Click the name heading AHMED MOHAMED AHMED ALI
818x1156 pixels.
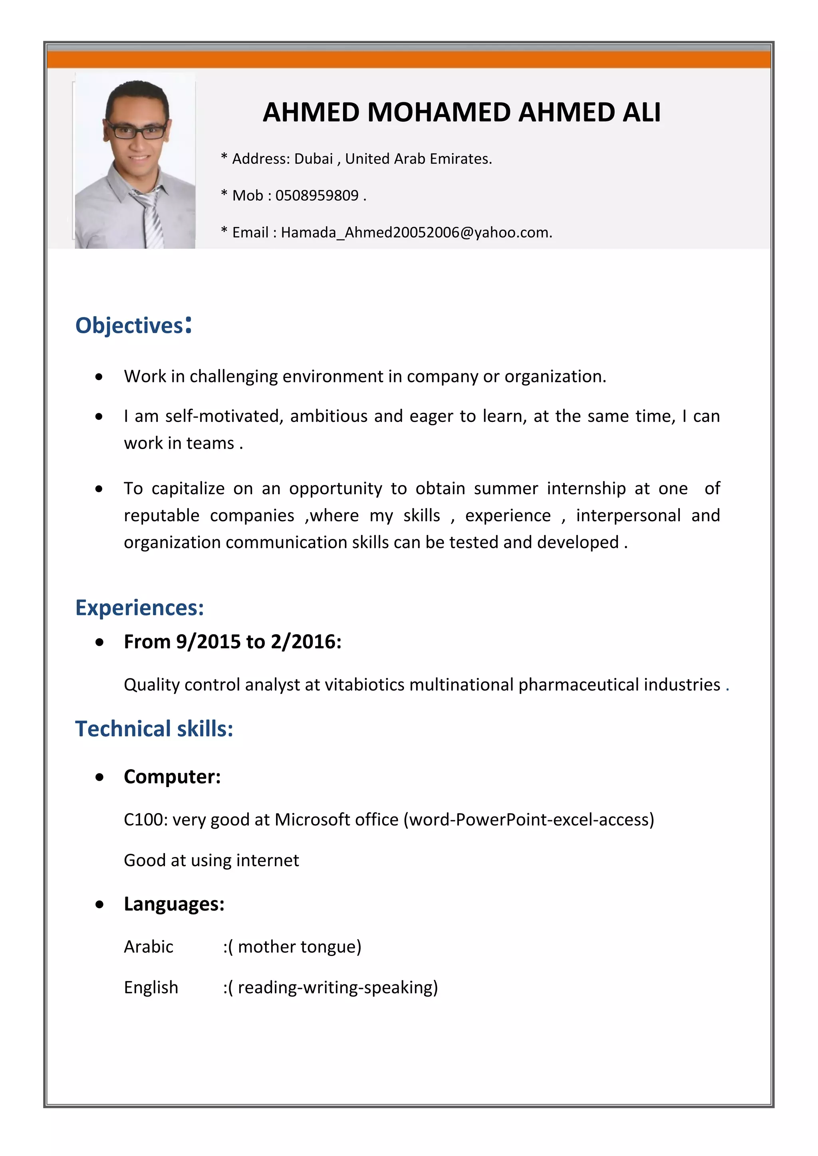pyautogui.click(x=461, y=112)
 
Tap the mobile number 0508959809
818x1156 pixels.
pyautogui.click(x=317, y=195)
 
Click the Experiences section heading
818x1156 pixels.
pyautogui.click(x=139, y=608)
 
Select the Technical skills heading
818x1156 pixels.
pyautogui.click(x=154, y=728)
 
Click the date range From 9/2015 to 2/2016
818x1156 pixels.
pyautogui.click(x=233, y=642)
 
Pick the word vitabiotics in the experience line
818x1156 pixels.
pyautogui.click(x=365, y=685)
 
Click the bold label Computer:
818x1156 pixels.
pyautogui.click(x=172, y=776)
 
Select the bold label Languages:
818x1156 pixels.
pyautogui.click(x=174, y=904)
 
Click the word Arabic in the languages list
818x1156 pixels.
pyautogui.click(x=149, y=946)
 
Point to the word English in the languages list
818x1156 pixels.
pyautogui.click(x=151, y=987)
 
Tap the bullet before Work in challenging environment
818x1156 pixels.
pyautogui.click(x=99, y=376)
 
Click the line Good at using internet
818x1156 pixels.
pyautogui.click(x=212, y=861)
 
